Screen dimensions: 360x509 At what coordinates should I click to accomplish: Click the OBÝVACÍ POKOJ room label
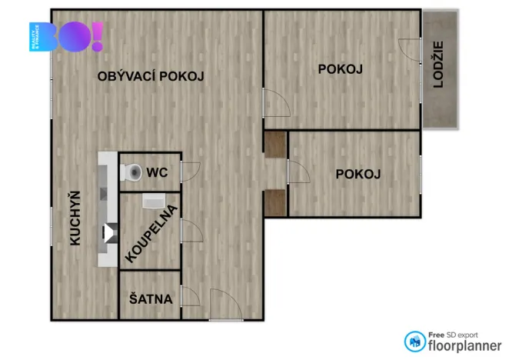point(151,75)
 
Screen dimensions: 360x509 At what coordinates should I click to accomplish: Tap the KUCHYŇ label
point(75,218)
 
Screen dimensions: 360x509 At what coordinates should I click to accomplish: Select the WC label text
point(158,172)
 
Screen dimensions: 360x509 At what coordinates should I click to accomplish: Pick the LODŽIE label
point(438,65)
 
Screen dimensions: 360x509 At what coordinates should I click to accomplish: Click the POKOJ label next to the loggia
point(340,69)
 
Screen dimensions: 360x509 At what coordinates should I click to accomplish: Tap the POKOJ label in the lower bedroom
point(358,174)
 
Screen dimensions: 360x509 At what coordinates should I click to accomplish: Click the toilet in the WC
point(132,171)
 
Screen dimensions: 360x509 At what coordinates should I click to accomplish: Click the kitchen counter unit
point(108,208)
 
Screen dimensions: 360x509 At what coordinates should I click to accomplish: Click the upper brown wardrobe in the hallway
point(274,143)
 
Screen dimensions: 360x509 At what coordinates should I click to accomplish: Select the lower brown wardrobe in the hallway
point(274,202)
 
